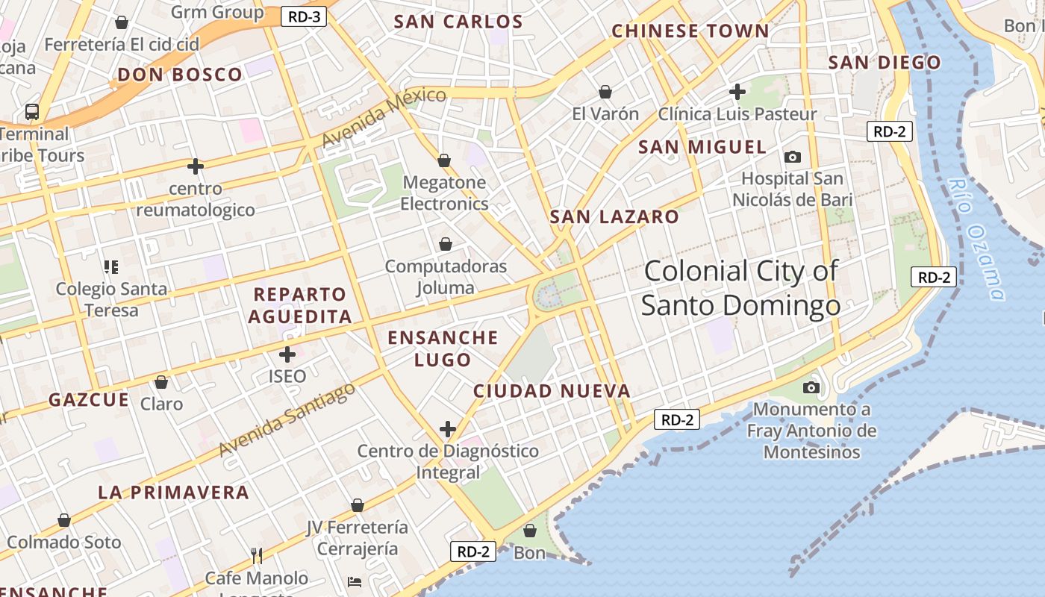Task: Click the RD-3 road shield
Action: [x=304, y=16]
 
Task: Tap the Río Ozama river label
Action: [x=976, y=239]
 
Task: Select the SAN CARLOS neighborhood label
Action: [x=458, y=22]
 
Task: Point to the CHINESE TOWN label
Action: [x=690, y=31]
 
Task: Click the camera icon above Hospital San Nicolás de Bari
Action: [x=792, y=157]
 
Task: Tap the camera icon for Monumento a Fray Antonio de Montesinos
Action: [x=811, y=387]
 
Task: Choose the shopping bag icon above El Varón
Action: [x=605, y=92]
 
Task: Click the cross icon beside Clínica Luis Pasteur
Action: [x=737, y=92]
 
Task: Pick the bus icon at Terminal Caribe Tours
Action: [x=32, y=112]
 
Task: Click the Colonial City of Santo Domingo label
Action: [x=741, y=288]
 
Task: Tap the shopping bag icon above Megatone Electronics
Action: [x=444, y=160]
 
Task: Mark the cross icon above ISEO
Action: [x=287, y=354]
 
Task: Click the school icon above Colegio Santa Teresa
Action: [x=112, y=266]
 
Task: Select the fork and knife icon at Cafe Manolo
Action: [x=257, y=556]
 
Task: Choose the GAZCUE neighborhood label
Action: [x=89, y=400]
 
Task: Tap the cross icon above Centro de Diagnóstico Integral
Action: [x=448, y=429]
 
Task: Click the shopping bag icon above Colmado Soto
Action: [x=64, y=520]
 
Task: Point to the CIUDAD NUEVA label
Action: [x=552, y=391]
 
